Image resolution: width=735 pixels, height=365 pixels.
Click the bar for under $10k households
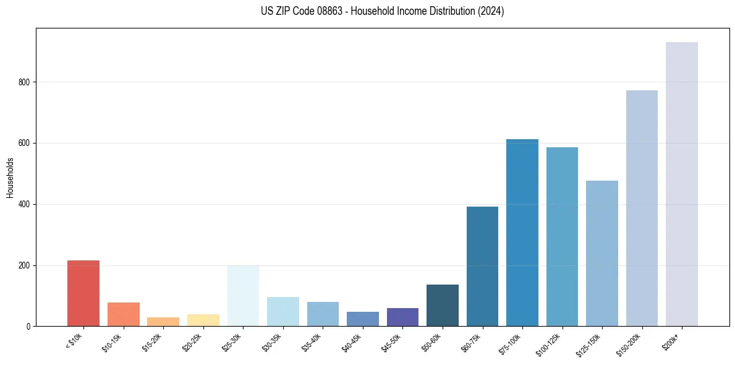pyautogui.click(x=83, y=293)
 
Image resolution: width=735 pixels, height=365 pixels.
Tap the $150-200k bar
pyautogui.click(x=642, y=208)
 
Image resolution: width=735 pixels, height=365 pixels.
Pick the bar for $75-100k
pyautogui.click(x=522, y=233)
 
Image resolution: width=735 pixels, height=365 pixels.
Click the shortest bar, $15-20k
pyautogui.click(x=163, y=322)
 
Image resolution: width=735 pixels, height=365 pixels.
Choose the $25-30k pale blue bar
pyautogui.click(x=243, y=296)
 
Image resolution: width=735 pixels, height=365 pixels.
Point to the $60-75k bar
pyautogui.click(x=482, y=266)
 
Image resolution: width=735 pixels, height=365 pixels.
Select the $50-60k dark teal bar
pyautogui.click(x=443, y=305)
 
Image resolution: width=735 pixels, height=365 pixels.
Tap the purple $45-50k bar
pyautogui.click(x=402, y=317)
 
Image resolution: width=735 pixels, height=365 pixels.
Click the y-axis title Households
pyautogui.click(x=10, y=178)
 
